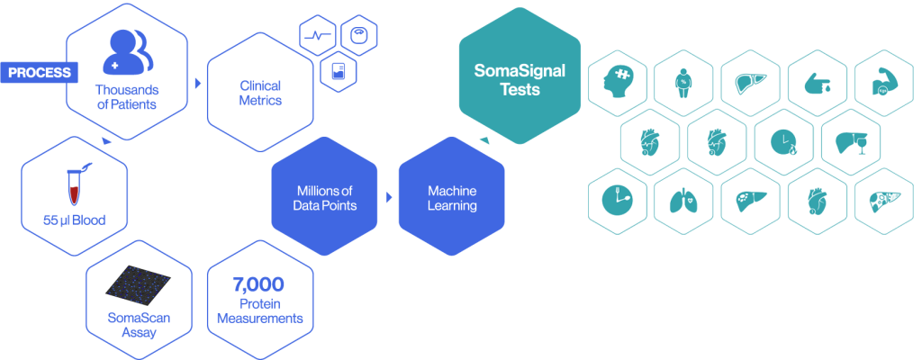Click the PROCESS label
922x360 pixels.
coord(39,72)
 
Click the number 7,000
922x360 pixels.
coord(258,285)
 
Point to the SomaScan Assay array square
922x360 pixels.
coord(139,286)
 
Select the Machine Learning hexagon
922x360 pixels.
coord(451,199)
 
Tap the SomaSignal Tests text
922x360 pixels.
coord(520,79)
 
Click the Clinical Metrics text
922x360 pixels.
coord(260,93)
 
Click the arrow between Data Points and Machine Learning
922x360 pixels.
coord(388,196)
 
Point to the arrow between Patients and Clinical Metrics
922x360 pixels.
coord(197,83)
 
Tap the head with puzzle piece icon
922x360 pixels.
coord(617,83)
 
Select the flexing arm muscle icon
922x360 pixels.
coord(882,83)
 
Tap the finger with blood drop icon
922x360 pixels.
coord(816,83)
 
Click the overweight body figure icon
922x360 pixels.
coord(683,83)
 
